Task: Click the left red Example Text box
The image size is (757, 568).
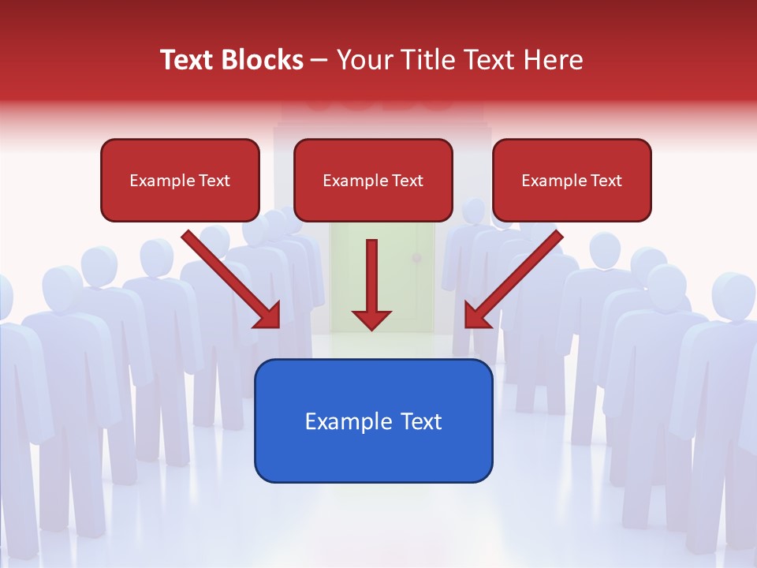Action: click(180, 180)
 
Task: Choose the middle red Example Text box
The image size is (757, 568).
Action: click(373, 180)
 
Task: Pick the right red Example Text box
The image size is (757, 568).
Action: click(572, 180)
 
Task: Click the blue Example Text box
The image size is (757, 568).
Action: click(373, 420)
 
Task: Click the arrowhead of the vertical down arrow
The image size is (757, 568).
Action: click(371, 319)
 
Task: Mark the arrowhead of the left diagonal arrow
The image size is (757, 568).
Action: click(269, 316)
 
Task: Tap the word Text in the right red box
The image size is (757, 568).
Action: click(606, 180)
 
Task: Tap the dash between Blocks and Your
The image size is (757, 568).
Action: click(319, 61)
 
